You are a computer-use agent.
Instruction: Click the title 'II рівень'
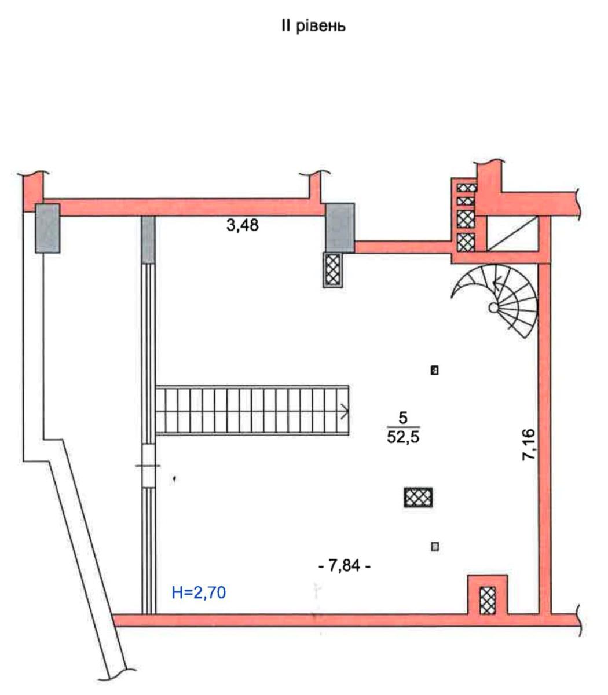click(313, 26)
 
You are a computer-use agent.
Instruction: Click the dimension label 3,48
click(243, 225)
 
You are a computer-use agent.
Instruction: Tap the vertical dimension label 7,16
click(529, 445)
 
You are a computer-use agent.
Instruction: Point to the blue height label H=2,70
click(199, 592)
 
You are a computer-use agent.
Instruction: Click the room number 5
click(403, 418)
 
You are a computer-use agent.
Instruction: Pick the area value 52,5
click(403, 437)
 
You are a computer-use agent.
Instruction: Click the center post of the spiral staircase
click(493, 308)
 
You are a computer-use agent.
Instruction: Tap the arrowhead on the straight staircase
click(345, 412)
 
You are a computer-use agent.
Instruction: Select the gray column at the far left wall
click(47, 228)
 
